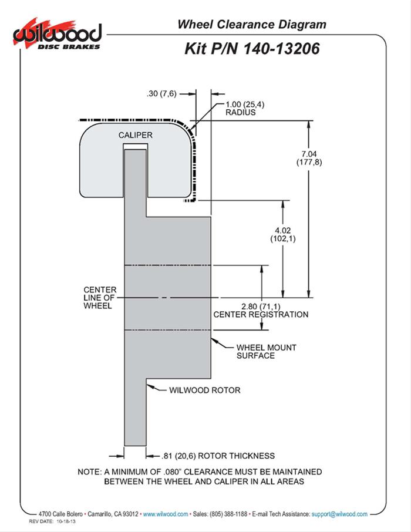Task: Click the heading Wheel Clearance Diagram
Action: [251, 24]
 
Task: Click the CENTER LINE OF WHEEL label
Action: [100, 298]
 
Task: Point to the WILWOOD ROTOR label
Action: [205, 390]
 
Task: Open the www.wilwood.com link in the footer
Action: [166, 514]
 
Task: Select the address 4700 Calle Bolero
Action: [58, 514]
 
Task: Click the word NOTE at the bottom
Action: [89, 472]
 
